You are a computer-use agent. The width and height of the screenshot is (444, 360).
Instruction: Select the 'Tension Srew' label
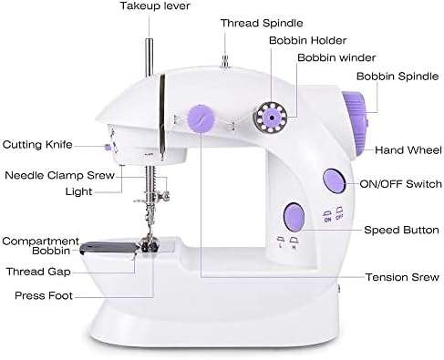tap(399, 276)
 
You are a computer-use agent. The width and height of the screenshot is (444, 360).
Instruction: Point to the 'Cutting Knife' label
tap(38, 144)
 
